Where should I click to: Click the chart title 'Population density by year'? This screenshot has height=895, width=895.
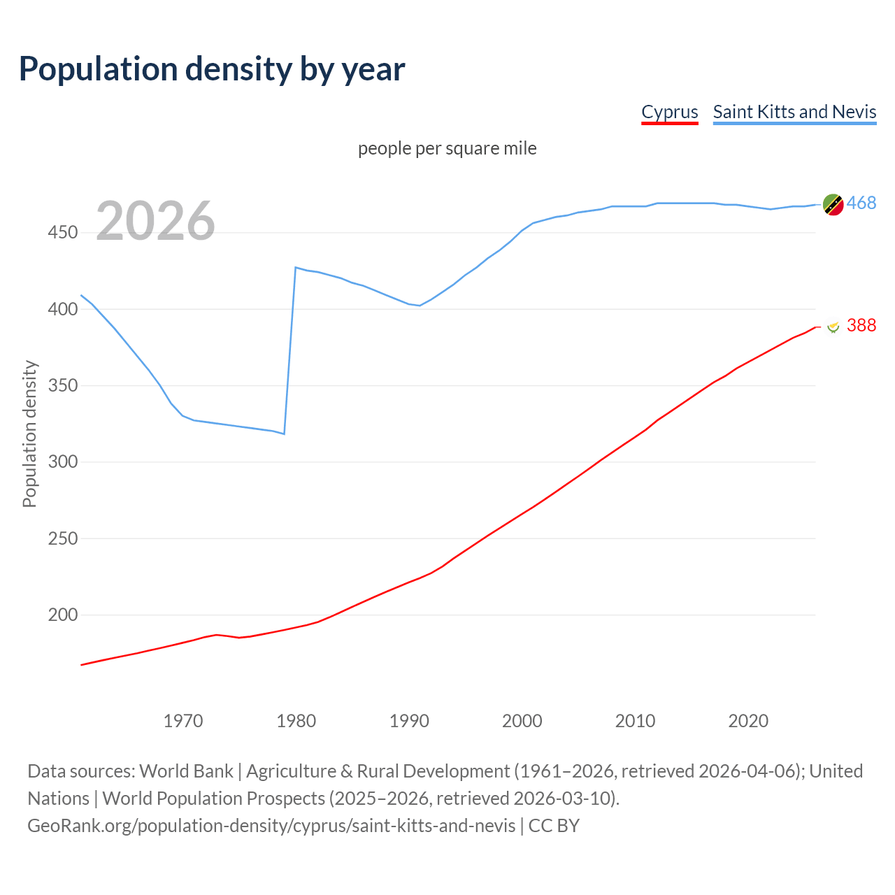coord(212,69)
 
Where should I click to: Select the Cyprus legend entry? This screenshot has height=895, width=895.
coord(670,112)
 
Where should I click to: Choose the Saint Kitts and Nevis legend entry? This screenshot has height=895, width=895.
coord(794,112)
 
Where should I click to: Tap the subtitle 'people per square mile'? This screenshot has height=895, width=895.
coord(447,149)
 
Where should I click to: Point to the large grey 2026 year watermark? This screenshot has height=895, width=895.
coord(155,221)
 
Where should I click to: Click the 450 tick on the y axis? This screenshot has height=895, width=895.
coord(62,233)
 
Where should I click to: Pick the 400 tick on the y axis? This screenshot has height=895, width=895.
coord(62,309)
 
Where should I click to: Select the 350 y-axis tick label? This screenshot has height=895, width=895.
coord(62,386)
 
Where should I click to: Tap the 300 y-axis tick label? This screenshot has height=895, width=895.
coord(62,462)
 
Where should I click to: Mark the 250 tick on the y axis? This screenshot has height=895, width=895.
coord(62,538)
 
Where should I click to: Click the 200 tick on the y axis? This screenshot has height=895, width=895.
coord(62,615)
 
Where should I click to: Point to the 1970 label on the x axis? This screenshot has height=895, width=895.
coord(183,721)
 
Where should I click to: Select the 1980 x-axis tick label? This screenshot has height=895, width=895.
coord(296,721)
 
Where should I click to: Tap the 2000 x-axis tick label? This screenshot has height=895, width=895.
coord(522,721)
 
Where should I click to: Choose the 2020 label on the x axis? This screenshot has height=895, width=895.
coord(748,721)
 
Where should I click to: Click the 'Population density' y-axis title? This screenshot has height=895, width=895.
coord(29,434)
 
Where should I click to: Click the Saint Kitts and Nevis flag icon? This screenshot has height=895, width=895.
coord(833,205)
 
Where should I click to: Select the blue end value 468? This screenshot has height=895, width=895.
coord(861,203)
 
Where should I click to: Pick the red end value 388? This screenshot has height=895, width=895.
coord(861,325)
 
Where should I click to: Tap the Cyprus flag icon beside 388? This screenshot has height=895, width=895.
coord(833,327)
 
